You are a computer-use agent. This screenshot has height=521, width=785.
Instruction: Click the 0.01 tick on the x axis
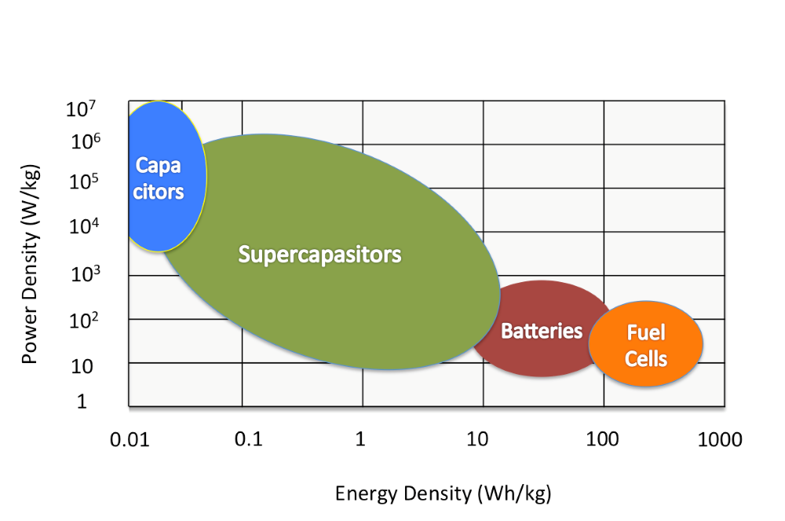pos(130,438)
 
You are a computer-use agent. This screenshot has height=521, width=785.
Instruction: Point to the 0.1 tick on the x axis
pos(247,438)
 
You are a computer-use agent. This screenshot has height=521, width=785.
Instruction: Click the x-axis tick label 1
pos(360,438)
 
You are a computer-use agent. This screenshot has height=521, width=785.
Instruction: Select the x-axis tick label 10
pos(479,438)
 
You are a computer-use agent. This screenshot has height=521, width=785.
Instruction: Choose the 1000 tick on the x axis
pos(719,438)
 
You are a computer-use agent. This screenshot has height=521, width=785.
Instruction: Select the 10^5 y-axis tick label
pos(82,183)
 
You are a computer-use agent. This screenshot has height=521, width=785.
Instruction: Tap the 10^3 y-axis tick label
pos(82,274)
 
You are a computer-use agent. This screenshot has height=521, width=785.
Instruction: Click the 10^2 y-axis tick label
pos(82,319)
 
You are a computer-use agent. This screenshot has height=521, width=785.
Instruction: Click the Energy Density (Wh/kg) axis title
pos(443,493)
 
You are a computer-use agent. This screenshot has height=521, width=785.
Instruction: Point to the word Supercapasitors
pos(319,255)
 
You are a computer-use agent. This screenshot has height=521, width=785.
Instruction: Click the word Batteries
pos(542,331)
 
